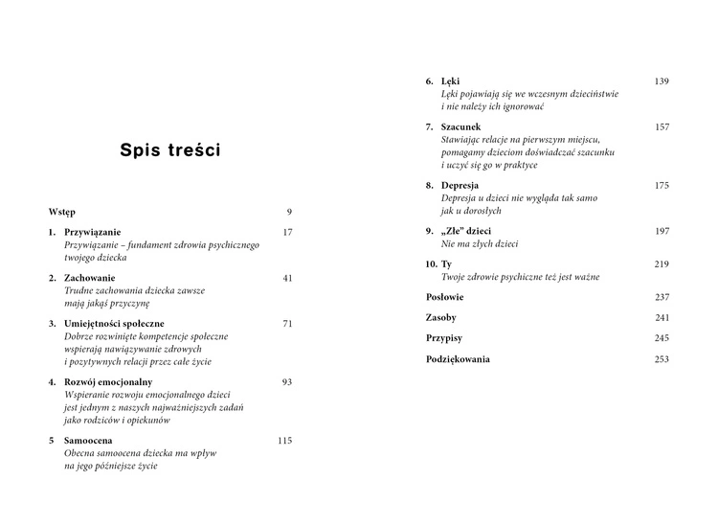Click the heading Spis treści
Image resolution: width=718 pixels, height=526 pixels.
pos(170,150)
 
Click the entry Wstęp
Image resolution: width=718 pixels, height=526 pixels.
pos(61,211)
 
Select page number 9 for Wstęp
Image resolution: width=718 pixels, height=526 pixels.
pos(289,211)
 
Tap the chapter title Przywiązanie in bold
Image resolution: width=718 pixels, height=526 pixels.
pos(93,233)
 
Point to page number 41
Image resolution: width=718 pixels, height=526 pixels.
pos(287,278)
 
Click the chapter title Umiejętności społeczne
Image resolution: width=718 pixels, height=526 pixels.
pos(114,323)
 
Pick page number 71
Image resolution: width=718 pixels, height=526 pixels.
pos(287,323)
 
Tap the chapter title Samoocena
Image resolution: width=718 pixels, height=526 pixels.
pos(88,441)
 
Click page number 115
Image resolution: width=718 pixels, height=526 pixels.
pos(284,441)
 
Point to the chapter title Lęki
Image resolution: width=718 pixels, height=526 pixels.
pos(450,81)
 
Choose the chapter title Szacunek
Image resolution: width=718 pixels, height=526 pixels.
pos(461,126)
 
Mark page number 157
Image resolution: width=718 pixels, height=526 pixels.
pos(662,126)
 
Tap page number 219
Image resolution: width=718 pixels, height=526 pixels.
pos(662,263)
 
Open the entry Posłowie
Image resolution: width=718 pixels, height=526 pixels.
pos(445,297)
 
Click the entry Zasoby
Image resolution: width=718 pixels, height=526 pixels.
pos(440,317)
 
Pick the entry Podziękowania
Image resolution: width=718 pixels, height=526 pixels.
pos(458,359)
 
